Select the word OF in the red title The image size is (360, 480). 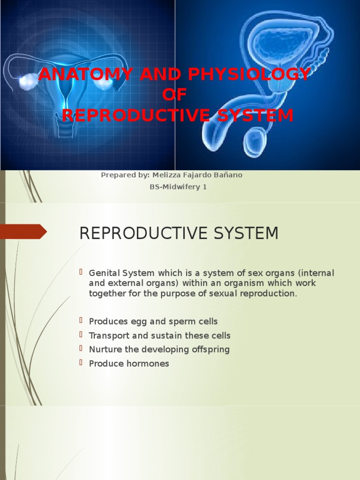[174, 95]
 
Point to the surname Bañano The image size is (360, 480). [228, 175]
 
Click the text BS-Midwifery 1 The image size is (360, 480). [178, 187]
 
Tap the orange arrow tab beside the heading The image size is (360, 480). [23, 232]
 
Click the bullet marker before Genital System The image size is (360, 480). [82, 272]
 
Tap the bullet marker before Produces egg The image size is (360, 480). [82, 321]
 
